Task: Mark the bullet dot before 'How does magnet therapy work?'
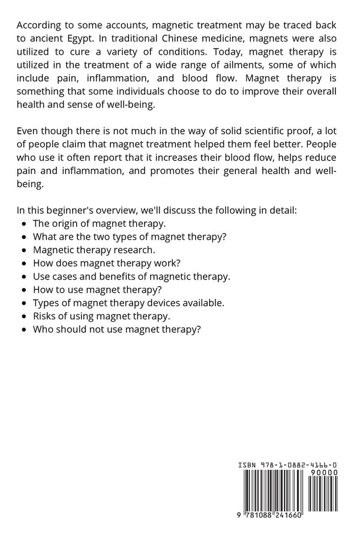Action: tap(23, 263)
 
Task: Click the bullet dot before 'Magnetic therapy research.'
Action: tap(23, 250)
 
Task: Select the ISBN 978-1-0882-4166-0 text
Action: tap(287, 465)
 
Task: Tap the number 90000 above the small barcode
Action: tap(324, 472)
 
